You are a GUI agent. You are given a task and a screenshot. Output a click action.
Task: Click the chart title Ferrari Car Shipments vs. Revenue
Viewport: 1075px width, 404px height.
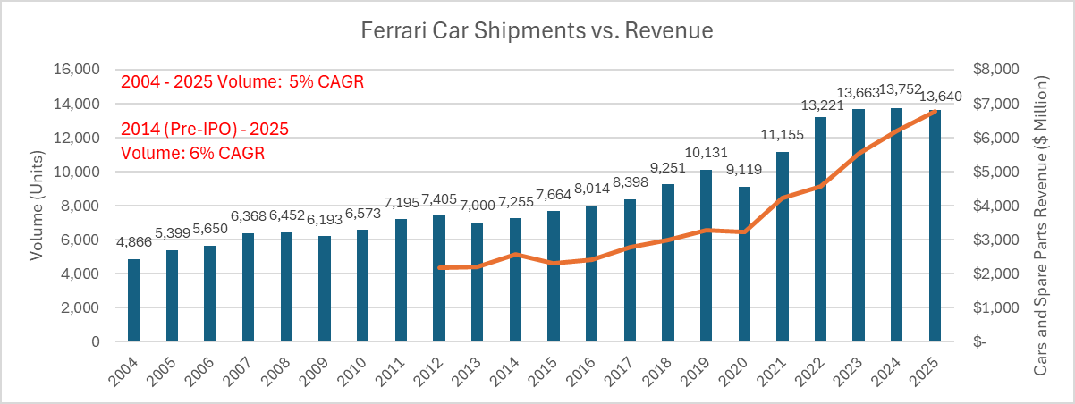pos(537,30)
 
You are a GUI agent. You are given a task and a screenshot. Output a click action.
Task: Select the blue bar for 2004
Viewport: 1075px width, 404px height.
pos(134,300)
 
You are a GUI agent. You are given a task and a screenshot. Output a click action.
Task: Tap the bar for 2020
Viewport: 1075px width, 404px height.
pos(744,264)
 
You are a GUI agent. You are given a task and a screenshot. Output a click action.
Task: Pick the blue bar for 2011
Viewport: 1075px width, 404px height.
pos(401,281)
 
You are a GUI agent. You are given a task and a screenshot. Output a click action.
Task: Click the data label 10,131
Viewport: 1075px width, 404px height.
pos(706,153)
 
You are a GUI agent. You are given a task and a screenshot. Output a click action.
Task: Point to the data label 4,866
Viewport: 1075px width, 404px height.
pos(134,242)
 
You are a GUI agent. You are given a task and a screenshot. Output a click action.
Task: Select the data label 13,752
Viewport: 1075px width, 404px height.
pos(901,89)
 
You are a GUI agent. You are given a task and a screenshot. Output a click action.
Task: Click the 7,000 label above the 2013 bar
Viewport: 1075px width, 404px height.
pos(478,206)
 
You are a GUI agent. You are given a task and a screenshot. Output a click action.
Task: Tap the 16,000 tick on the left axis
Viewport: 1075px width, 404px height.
pos(77,69)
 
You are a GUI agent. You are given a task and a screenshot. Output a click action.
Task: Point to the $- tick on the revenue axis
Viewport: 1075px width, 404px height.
pos(979,341)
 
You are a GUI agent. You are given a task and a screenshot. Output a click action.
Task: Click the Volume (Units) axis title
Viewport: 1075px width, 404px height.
pos(37,206)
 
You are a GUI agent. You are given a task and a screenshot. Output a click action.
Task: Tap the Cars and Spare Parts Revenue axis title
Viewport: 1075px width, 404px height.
pos(1040,225)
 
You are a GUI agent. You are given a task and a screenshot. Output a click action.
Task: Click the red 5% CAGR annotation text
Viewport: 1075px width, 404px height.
pos(326,81)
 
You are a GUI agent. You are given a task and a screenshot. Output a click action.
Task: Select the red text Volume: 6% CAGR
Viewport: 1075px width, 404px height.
pos(192,153)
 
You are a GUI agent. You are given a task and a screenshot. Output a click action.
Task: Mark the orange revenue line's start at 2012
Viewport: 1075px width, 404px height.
pos(440,268)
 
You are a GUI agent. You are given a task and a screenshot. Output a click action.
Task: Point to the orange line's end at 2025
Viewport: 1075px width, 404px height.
pos(935,112)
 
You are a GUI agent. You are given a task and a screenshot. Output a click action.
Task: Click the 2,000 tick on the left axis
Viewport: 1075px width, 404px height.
pos(80,307)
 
